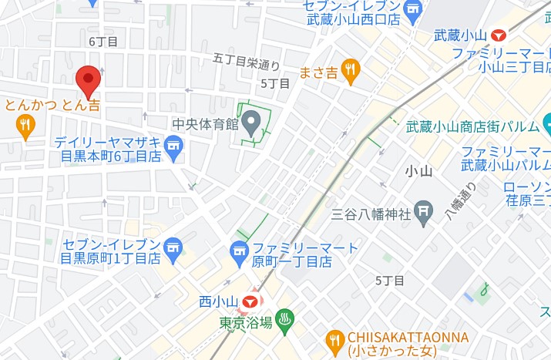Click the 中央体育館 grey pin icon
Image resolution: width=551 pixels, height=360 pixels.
click(x=251, y=123)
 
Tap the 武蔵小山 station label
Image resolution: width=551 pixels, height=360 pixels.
click(x=460, y=35)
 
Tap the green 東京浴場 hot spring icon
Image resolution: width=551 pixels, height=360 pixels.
click(x=284, y=321)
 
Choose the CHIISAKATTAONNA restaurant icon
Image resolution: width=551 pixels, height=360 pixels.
click(x=334, y=339)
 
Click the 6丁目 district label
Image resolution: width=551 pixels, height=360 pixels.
click(x=102, y=41)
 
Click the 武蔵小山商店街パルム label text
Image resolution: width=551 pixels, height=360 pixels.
click(x=472, y=126)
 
